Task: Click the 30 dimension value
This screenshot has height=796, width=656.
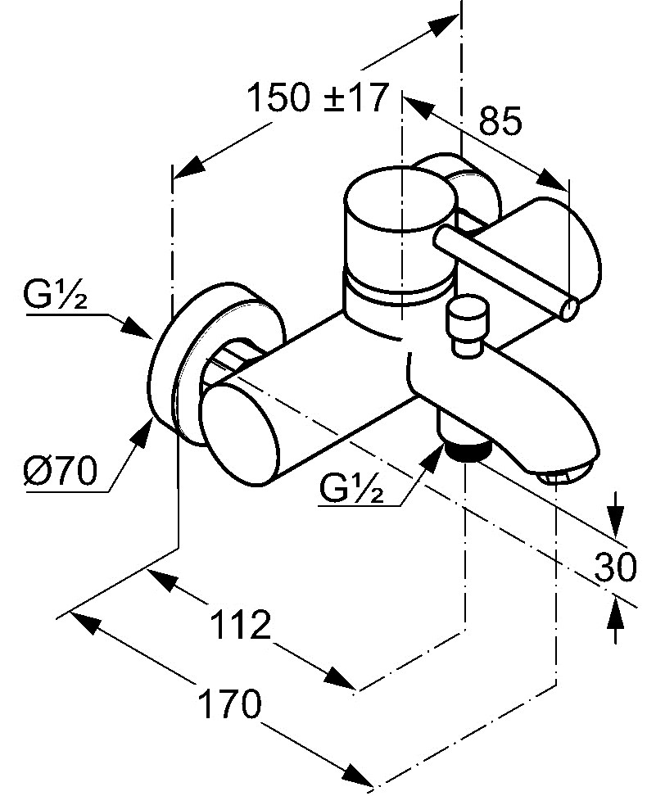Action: [615, 568]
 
